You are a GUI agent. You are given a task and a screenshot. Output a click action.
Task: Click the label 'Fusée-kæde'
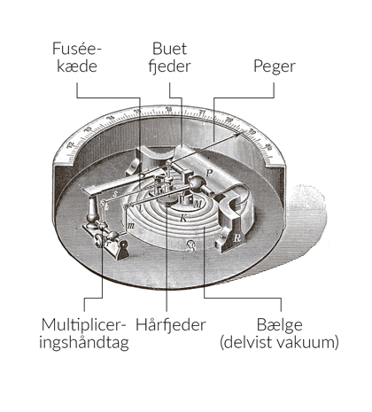coord(77,55)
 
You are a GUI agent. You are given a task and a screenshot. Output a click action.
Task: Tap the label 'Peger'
coord(274,65)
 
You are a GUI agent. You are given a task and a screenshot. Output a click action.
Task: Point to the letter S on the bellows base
coord(189,245)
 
